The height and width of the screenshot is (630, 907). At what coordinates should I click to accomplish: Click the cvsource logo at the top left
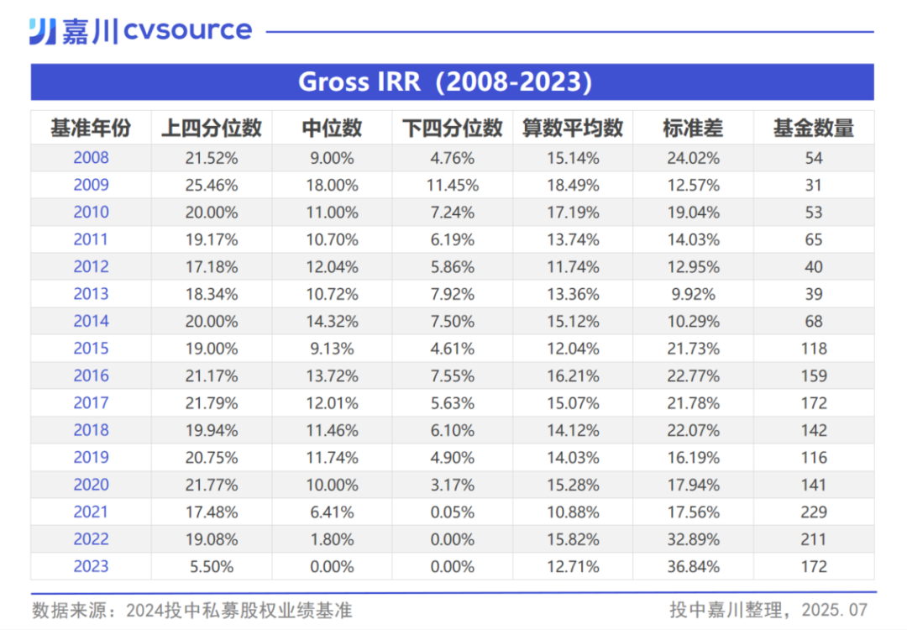point(140,31)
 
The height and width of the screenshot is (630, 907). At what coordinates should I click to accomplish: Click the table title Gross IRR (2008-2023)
point(445,82)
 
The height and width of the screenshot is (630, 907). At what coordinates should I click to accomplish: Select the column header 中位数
point(332,128)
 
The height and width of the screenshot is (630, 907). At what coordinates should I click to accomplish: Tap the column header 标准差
point(692,128)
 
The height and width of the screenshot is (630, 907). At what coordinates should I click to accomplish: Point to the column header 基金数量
point(813,128)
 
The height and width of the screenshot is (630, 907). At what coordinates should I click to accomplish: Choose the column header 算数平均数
point(573,128)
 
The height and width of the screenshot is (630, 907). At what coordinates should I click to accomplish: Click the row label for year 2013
point(91,294)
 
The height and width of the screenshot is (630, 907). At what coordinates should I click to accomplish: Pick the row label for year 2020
point(91,485)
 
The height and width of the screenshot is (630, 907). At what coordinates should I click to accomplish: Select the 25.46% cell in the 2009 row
point(212,185)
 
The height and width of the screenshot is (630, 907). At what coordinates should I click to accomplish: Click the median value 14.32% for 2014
point(332,321)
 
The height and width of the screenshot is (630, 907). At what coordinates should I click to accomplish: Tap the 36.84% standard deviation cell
point(692,566)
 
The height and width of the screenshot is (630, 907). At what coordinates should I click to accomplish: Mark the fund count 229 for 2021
point(813,512)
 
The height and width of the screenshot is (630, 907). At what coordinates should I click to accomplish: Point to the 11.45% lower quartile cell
point(452,185)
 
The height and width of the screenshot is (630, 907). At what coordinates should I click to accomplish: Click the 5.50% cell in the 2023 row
point(212,566)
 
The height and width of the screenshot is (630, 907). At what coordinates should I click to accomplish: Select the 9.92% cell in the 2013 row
point(692,294)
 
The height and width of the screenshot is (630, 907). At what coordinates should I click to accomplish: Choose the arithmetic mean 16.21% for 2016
point(573,375)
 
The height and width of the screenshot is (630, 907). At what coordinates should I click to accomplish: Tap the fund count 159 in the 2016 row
point(813,375)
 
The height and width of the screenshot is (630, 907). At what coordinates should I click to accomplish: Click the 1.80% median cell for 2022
point(332,539)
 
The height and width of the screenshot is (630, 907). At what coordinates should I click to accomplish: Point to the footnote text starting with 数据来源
point(192,609)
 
